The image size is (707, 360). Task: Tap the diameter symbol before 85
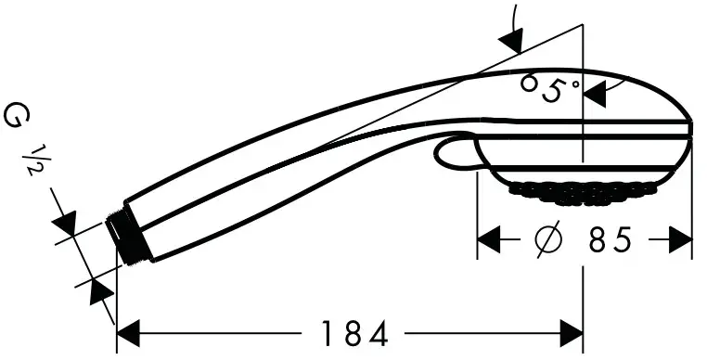548,241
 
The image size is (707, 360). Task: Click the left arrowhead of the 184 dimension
128,332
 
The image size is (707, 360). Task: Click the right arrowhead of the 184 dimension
570,332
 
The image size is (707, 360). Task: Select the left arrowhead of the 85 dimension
489,241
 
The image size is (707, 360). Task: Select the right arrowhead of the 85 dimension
682,241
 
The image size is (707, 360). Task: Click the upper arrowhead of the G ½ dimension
66,225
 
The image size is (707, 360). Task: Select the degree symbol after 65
575,84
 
